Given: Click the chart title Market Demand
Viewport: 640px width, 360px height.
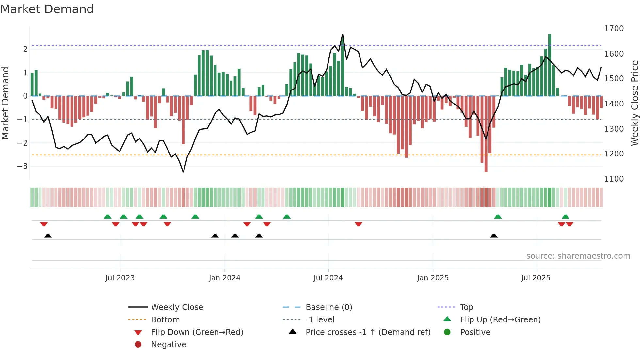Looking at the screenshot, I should (x=47, y=9).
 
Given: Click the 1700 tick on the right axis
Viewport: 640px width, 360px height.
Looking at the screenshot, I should (x=614, y=29).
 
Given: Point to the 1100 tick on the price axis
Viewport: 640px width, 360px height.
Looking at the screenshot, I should (x=614, y=179).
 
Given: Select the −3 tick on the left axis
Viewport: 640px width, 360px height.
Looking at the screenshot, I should (x=23, y=166).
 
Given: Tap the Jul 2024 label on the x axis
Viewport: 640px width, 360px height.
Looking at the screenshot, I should (x=328, y=278).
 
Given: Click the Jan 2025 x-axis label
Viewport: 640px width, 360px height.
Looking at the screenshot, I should (x=432, y=278).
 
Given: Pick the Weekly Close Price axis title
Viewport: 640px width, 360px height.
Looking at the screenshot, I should (x=634, y=103).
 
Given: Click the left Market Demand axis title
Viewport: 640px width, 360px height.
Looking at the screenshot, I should (x=5, y=103).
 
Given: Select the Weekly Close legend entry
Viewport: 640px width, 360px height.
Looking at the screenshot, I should (x=177, y=307).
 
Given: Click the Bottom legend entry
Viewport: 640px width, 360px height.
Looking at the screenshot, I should (x=165, y=320).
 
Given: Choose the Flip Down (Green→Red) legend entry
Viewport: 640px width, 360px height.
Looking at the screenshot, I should (x=197, y=332).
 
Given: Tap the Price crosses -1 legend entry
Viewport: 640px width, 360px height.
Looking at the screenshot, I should (x=368, y=332).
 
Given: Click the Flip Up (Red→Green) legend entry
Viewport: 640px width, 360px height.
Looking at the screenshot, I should (x=500, y=320).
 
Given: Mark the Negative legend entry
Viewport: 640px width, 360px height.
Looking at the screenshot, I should (x=168, y=345).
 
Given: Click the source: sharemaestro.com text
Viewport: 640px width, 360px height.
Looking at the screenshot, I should (x=578, y=256).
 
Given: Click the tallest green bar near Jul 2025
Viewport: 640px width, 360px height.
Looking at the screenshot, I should (x=550, y=65).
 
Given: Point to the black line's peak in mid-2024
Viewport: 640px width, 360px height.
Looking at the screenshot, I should (x=343, y=34).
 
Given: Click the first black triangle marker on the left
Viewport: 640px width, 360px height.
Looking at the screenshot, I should (x=48, y=236).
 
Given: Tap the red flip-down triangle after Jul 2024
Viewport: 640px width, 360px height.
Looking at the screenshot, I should (x=359, y=224).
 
